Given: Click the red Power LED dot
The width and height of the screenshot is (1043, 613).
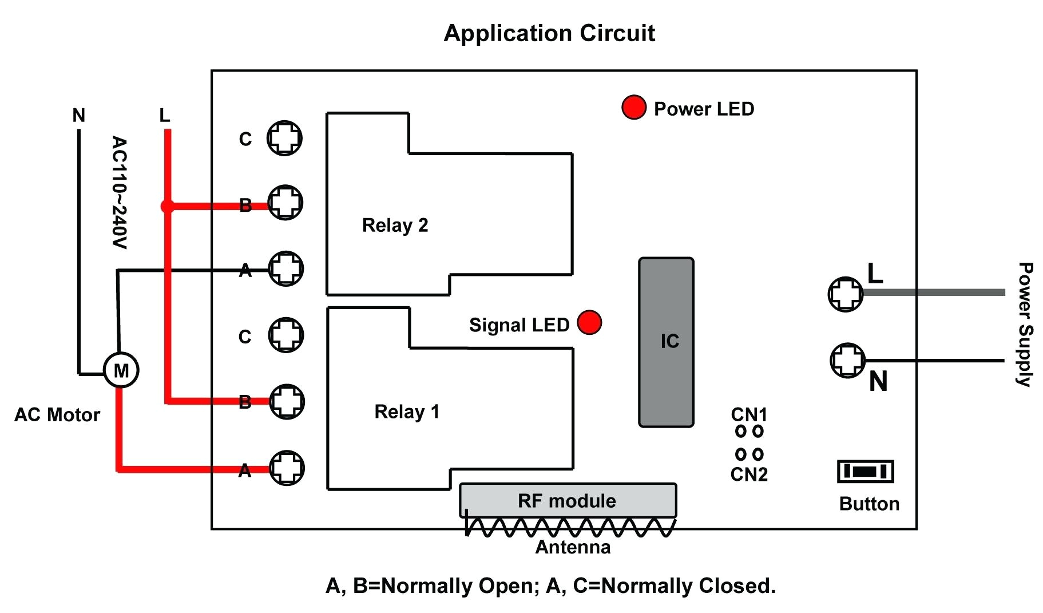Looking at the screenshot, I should (x=633, y=107).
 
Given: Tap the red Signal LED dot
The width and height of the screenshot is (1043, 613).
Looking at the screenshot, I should (x=589, y=322).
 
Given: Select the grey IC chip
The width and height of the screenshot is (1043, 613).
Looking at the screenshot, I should (x=666, y=342).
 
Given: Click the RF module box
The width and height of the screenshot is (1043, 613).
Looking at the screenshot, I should (x=568, y=500).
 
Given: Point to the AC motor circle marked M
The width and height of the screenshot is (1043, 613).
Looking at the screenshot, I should (x=121, y=370).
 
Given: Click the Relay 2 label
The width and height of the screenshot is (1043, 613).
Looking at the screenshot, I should (x=395, y=226).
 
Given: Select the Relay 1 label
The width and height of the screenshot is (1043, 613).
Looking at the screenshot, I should (x=407, y=412).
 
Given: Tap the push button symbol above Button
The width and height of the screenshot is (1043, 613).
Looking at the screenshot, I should (x=865, y=471).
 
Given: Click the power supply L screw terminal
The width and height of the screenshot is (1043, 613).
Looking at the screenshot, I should (x=846, y=294).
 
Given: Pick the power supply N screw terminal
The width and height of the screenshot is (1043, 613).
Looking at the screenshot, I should (x=847, y=360).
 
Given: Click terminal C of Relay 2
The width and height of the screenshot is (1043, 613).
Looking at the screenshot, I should (x=284, y=138).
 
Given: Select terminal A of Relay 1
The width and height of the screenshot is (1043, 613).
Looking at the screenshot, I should (x=287, y=468).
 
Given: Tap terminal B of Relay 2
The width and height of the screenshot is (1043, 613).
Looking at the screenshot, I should (x=285, y=202).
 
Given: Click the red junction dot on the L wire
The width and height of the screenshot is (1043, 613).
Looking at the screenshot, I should (x=167, y=206).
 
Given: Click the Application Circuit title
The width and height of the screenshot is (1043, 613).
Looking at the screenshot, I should (x=549, y=33).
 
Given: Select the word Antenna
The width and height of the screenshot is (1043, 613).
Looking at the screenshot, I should (x=573, y=547).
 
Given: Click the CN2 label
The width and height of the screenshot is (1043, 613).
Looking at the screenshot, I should (x=749, y=474).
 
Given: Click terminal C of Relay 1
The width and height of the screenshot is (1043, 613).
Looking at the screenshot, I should (x=286, y=335).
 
